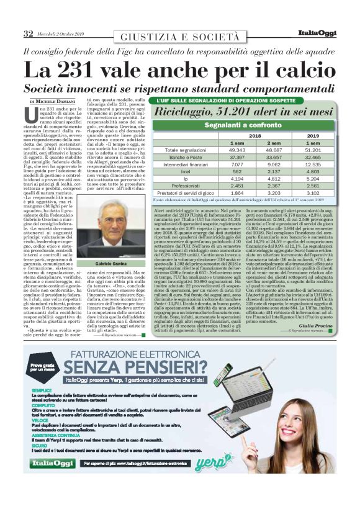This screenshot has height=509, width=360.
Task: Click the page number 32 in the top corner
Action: pyautogui.click(x=29, y=33)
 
